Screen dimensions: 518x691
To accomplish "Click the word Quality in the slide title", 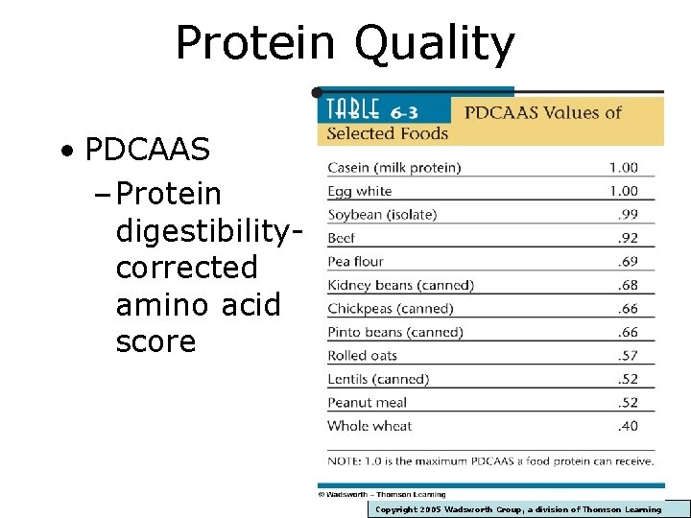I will coord(435,43).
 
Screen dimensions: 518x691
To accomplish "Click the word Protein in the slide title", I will coord(254,43).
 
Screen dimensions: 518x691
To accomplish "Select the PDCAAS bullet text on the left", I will coord(147,150).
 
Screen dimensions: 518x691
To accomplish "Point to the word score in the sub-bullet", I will coord(155,341).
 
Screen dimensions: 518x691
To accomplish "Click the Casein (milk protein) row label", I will coord(393,168).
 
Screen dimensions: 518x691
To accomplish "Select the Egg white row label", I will coord(359,191).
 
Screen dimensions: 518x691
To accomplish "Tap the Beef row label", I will coord(342,238).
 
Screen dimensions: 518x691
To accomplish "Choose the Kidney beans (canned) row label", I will coord(400,285).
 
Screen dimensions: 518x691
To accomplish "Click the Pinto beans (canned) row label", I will coord(394,332).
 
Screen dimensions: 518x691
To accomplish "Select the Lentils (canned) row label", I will coord(378,379).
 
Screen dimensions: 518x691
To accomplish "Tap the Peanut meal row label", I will coord(367,403).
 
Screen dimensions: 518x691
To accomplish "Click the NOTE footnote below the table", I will coord(490,461).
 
